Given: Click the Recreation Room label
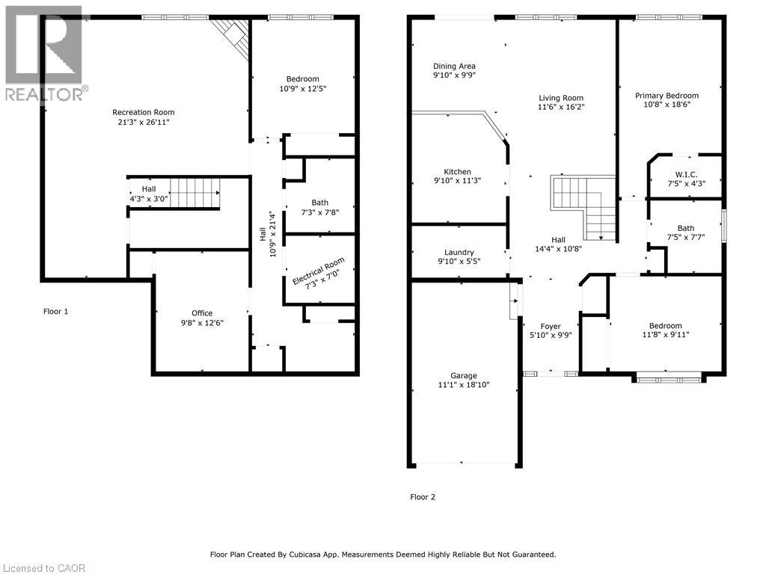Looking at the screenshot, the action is coord(143,112).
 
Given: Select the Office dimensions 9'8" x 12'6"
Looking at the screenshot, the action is coord(202,323).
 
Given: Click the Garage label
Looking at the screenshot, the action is coord(464,375).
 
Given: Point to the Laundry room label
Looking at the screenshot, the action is coord(459,253).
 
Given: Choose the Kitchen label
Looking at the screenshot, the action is coord(457,172).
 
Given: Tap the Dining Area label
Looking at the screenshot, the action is coord(454,66).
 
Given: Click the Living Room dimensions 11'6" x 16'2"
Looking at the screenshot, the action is coord(561,106).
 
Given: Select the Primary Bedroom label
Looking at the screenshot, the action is coord(667,95).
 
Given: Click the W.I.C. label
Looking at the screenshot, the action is coord(687,174).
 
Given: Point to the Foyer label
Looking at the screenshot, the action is coord(551,327).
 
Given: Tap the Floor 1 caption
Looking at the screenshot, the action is coord(55,312).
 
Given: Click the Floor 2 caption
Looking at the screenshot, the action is coord(423,497).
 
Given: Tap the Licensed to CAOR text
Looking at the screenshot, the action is coord(44,568).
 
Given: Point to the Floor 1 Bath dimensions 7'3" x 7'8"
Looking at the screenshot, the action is coord(320,212).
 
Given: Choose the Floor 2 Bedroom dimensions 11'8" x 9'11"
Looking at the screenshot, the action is coord(665,335).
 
